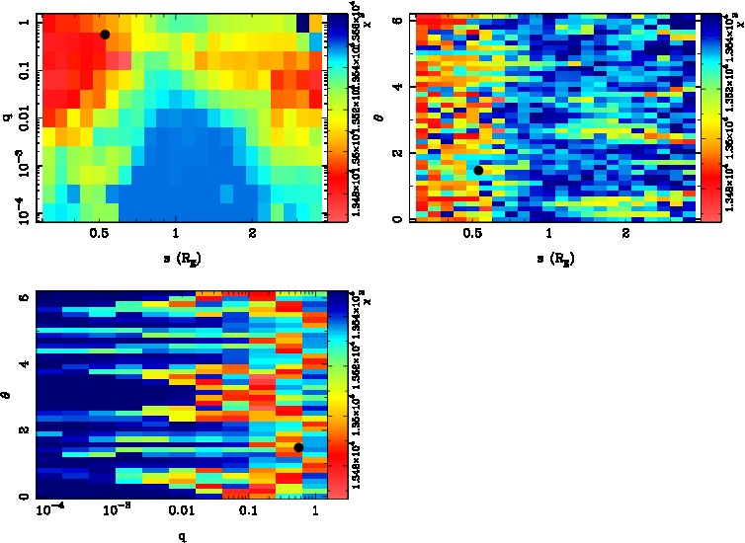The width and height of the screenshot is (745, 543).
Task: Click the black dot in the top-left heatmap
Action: tap(105, 35)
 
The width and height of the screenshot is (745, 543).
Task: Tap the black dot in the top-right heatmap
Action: tap(478, 170)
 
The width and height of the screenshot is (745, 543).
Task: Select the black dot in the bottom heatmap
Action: tap(298, 447)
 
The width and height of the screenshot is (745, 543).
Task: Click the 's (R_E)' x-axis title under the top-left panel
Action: tap(175, 259)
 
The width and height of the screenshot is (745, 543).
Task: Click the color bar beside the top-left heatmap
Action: tap(334, 116)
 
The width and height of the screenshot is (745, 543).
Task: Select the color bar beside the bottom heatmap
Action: tap(334, 394)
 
